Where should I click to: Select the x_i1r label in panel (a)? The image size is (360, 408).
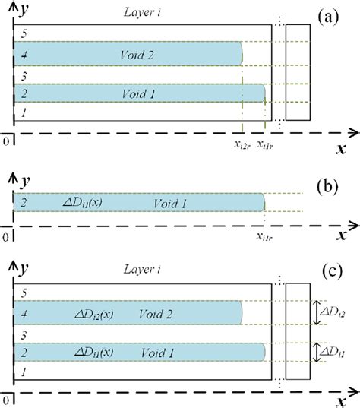(x=266, y=144)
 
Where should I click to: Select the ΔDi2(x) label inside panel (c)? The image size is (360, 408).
(x=94, y=313)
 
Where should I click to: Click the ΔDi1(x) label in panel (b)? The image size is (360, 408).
(x=81, y=203)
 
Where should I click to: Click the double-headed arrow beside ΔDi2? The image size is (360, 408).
(x=318, y=312)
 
